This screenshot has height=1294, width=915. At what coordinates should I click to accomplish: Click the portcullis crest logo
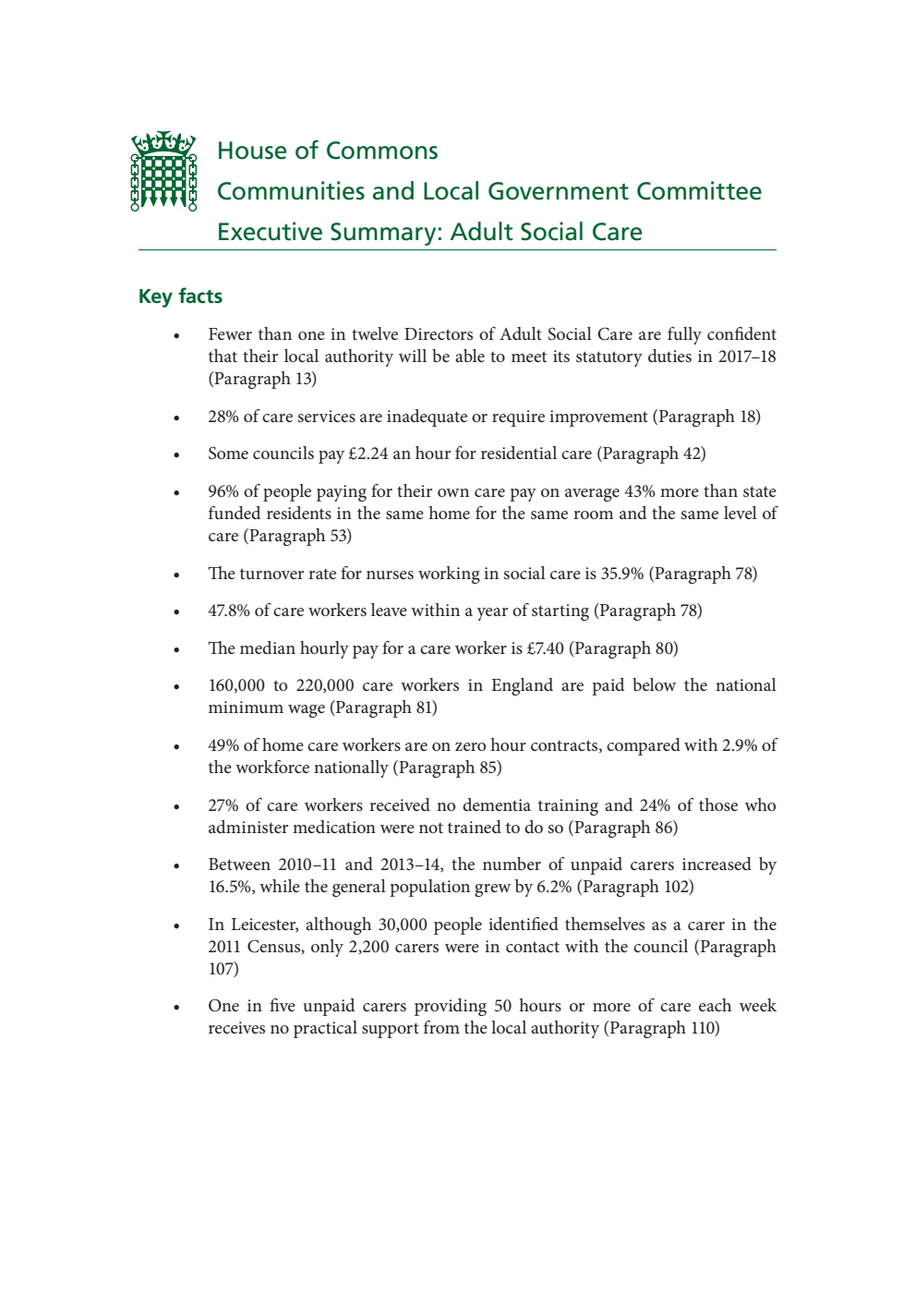click(x=163, y=171)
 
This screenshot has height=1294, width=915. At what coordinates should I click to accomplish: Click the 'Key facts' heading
click(x=180, y=296)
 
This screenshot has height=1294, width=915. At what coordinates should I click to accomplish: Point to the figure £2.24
click(x=367, y=454)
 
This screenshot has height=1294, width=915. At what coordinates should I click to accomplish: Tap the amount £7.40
click(x=545, y=648)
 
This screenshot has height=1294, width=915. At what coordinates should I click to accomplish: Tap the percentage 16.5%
click(x=229, y=887)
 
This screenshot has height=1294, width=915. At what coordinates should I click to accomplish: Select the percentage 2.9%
click(x=740, y=745)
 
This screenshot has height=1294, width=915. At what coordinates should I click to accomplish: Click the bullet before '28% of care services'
click(x=176, y=418)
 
